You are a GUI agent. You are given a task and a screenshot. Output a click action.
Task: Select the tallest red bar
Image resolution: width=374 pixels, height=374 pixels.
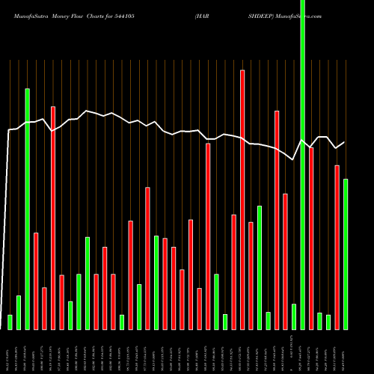242,199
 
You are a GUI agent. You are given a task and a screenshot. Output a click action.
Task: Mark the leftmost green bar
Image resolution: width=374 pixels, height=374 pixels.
10,322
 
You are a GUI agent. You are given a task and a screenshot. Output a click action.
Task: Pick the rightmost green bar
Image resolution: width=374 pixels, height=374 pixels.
346,254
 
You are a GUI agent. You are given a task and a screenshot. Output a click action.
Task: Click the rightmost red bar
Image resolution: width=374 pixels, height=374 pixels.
337,247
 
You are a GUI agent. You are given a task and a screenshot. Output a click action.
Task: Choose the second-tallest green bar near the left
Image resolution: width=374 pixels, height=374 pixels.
28,209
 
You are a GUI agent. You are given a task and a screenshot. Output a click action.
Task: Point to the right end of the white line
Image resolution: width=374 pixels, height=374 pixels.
345,142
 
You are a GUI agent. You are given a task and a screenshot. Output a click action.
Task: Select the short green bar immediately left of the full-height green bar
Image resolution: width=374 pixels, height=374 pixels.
294,316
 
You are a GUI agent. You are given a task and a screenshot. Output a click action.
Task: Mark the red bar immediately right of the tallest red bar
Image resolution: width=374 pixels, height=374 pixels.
251,275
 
